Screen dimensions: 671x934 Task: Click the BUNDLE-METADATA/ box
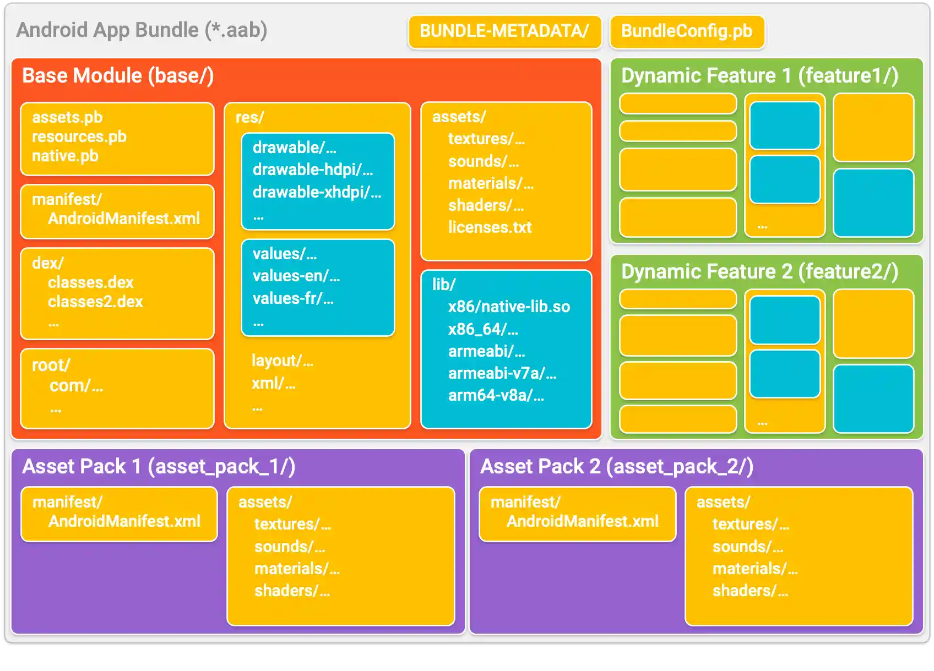[504, 31]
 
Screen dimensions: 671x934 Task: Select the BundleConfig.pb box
[686, 31]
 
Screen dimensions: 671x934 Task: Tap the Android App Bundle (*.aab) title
[142, 30]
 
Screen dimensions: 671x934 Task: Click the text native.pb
[65, 156]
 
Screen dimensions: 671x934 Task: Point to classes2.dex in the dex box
[95, 302]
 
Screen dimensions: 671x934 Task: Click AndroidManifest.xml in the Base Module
[124, 219]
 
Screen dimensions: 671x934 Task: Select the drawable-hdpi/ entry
[312, 170]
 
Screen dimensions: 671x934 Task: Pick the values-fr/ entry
[293, 298]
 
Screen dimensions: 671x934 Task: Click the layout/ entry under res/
[282, 361]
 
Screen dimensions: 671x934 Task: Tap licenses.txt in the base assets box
[490, 227]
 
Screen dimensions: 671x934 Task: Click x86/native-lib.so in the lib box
[509, 307]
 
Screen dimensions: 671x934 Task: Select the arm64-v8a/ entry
[496, 395]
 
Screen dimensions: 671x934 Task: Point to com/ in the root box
[76, 386]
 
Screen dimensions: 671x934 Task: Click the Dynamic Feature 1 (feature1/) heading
[759, 75]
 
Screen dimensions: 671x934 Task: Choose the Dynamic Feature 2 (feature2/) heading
[759, 271]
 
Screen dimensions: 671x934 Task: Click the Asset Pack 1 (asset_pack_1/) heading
[159, 467]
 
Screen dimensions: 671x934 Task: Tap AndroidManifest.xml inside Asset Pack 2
[582, 521]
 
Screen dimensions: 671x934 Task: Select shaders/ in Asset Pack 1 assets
[292, 591]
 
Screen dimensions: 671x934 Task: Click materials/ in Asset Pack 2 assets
[754, 569]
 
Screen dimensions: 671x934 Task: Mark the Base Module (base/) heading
[118, 75]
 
